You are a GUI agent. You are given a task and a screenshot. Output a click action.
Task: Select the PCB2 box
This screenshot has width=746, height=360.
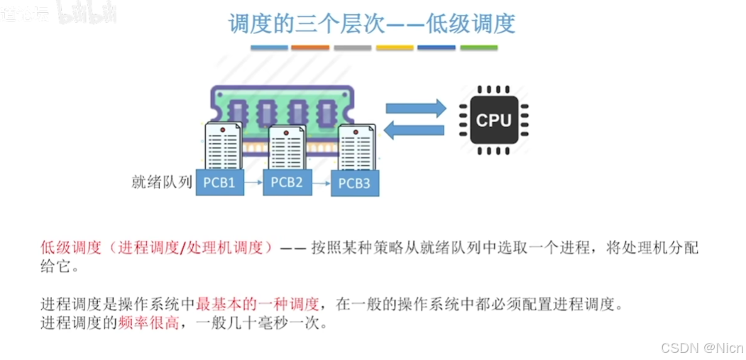[x=287, y=182]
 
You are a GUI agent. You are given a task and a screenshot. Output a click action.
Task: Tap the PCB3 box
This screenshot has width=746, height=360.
[x=354, y=184]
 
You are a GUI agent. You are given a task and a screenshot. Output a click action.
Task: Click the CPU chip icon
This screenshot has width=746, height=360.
[x=493, y=119]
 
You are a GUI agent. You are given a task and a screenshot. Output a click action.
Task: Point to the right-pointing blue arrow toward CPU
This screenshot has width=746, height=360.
[x=415, y=108]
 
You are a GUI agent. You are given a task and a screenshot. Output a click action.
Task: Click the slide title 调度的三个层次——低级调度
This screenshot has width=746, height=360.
[x=371, y=23]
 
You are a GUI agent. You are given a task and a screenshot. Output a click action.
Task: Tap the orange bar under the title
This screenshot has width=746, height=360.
[x=310, y=48]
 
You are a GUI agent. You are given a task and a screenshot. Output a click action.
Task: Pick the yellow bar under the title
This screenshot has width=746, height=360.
[x=395, y=48]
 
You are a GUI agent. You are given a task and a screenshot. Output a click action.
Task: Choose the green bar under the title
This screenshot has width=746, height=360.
[x=478, y=48]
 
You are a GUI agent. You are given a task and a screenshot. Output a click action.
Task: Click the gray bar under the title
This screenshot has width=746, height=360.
[x=352, y=48]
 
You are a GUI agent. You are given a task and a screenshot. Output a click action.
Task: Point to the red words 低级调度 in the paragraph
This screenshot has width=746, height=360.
[x=70, y=248]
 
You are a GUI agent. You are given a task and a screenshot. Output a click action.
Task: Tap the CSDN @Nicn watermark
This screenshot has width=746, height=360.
[x=701, y=347]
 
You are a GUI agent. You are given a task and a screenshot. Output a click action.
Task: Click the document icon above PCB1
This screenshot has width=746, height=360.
[x=222, y=146]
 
